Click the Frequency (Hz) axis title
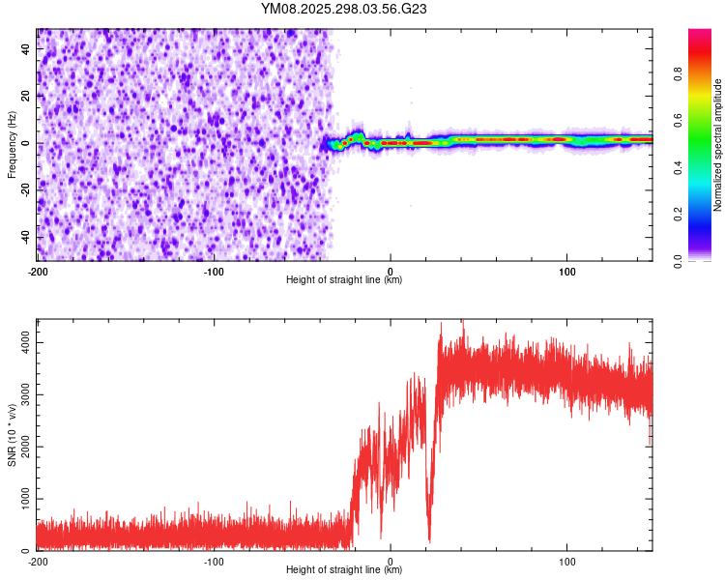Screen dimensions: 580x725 tap(12, 144)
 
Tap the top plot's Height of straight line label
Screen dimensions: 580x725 tap(344, 279)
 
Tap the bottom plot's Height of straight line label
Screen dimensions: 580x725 tap(344, 569)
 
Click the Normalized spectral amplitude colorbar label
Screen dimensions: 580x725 tap(718, 145)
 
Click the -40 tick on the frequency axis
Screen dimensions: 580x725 tap(24, 237)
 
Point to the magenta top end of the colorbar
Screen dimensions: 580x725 tap(699, 34)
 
